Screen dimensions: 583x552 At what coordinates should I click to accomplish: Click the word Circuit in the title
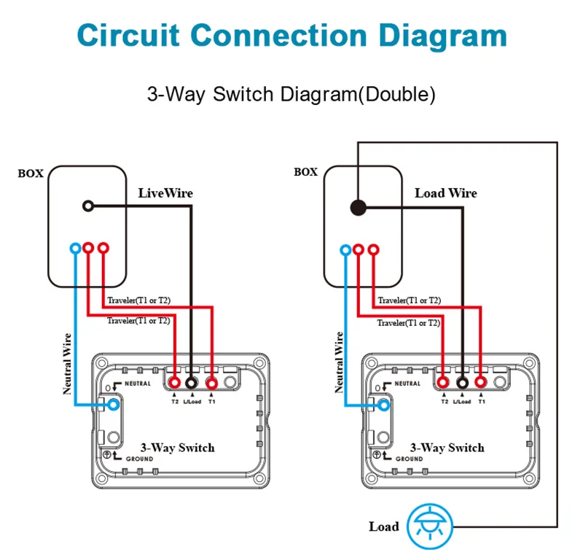[128, 35]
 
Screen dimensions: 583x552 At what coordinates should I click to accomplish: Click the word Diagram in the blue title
[443, 37]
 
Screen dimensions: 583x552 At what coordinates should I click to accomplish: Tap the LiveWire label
[165, 193]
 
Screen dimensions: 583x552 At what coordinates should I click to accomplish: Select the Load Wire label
[446, 193]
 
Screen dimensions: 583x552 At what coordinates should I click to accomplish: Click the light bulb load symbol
[430, 526]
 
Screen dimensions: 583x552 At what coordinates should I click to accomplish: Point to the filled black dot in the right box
[359, 208]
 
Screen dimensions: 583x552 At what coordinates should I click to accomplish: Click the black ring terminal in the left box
[88, 206]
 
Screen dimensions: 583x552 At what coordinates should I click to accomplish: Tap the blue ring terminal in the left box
[76, 248]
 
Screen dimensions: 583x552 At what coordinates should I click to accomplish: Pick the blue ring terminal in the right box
[345, 249]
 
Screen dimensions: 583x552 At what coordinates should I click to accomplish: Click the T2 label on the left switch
[175, 402]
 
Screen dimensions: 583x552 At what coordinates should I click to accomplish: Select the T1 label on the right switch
[482, 402]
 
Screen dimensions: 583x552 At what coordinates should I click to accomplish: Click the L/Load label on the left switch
[192, 402]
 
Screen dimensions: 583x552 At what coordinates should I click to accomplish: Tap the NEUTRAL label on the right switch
[407, 384]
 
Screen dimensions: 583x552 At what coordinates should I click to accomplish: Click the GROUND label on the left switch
[139, 459]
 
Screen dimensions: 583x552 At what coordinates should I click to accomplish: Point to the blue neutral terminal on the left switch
[114, 405]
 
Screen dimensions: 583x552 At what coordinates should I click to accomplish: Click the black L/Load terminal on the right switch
[462, 382]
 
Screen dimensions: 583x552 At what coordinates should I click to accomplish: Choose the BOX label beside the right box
[305, 172]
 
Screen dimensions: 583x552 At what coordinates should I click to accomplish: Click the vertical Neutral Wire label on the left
[67, 364]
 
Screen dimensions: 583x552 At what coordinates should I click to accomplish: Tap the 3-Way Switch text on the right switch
[447, 448]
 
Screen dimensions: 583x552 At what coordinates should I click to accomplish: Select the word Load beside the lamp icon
[384, 526]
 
